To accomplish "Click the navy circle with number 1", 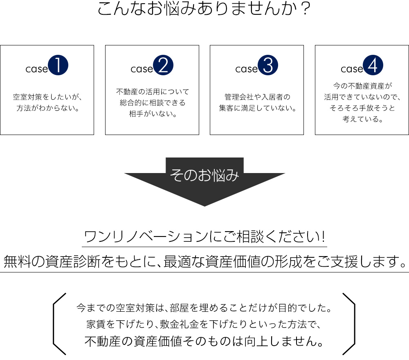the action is (58, 65).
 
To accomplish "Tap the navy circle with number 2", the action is (163, 65).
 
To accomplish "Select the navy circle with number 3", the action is (268, 65).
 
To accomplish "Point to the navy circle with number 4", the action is (373, 65).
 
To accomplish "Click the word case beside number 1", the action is (36, 69).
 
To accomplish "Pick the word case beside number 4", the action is (352, 69).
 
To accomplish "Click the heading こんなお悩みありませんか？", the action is (204, 8).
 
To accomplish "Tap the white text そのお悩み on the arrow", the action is (204, 175).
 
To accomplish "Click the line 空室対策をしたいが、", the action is (47, 97).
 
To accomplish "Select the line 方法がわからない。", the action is (48, 108).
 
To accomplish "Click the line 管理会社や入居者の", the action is (257, 97).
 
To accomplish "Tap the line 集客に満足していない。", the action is (257, 108).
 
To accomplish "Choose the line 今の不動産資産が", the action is (362, 86).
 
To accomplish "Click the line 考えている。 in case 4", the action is (362, 119).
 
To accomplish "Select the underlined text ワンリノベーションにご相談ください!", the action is (204, 236).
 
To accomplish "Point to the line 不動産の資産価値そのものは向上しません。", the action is (204, 341).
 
